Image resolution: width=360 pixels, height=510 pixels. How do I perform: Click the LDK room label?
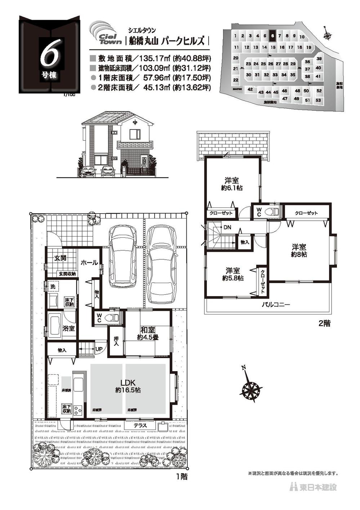click(128, 386)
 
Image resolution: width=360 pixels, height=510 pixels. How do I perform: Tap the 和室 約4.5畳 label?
click(147, 333)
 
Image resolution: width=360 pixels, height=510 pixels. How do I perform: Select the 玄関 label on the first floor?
click(60, 258)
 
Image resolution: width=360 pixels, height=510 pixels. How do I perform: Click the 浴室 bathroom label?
click(68, 328)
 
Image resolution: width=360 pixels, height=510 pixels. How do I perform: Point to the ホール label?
click(89, 263)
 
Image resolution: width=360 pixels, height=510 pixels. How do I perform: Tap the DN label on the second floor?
click(227, 227)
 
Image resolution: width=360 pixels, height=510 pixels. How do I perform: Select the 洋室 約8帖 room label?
click(299, 251)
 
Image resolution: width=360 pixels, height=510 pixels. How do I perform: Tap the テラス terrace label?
click(140, 426)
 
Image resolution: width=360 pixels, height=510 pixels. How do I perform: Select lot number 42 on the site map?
click(250, 89)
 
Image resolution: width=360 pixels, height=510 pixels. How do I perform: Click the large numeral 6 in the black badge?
click(48, 56)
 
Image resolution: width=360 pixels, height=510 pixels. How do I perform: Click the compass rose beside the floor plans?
click(250, 389)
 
